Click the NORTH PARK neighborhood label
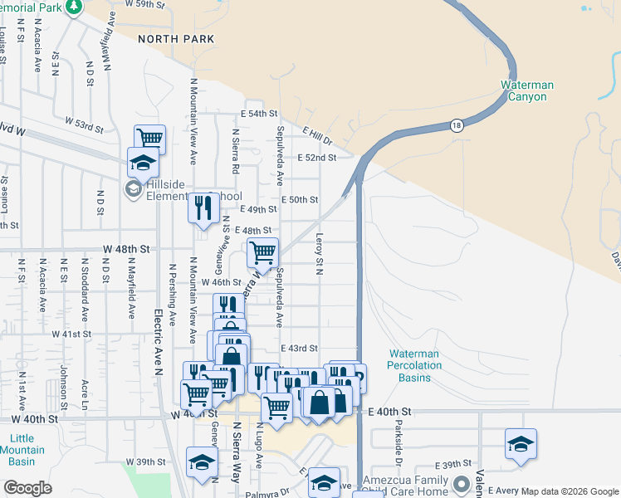click(x=176, y=39)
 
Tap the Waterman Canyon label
click(x=527, y=90)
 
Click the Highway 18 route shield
click(x=457, y=125)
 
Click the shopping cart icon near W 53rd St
click(x=149, y=139)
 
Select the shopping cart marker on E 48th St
click(x=262, y=251)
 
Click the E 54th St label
click(x=258, y=114)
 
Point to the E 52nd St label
click(x=320, y=158)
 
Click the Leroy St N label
click(x=318, y=253)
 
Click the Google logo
click(x=27, y=488)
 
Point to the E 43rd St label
click(x=300, y=349)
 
